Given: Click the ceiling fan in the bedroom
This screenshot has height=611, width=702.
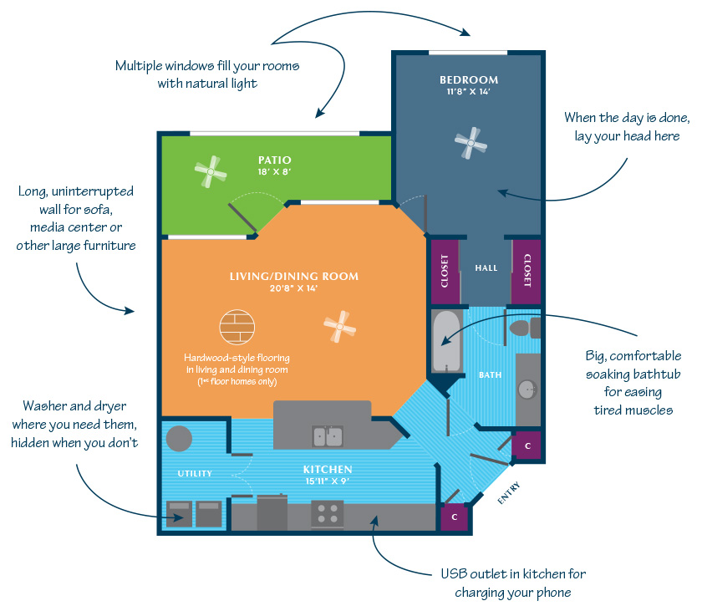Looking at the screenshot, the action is pos(471,143).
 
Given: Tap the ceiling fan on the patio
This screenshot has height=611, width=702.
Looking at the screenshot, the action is pos(211,171).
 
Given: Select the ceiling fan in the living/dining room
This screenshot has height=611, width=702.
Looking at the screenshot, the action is pos(340,327).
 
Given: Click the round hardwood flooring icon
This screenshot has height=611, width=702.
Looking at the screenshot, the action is pos(237,327).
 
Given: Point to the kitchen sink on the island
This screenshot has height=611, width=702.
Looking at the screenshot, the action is pos(328,436).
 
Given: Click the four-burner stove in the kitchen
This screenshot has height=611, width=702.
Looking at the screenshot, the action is pos(328,514).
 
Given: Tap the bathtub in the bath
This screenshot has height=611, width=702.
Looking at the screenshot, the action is pos(447,341).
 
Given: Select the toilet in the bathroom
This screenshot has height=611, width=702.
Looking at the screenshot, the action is pos(524,328).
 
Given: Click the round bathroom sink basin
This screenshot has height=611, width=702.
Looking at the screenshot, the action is pos(527,390).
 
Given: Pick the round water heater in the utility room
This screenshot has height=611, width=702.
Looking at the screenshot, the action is pos(179,439).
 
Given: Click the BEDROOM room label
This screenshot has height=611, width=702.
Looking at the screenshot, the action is pos(469,79).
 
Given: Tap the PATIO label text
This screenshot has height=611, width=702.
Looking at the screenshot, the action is pos(274,160).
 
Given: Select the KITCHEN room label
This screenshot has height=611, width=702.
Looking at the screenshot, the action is pos(328,469).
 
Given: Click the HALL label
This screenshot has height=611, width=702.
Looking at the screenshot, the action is pos(486,267).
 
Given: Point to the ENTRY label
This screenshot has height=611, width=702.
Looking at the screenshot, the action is pos(509,493).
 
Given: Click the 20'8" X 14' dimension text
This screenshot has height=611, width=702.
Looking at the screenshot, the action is pos(293,288).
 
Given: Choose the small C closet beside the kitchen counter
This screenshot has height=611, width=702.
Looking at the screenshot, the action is pos(455,517).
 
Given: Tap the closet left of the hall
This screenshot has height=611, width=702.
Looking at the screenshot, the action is pos(445,272).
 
